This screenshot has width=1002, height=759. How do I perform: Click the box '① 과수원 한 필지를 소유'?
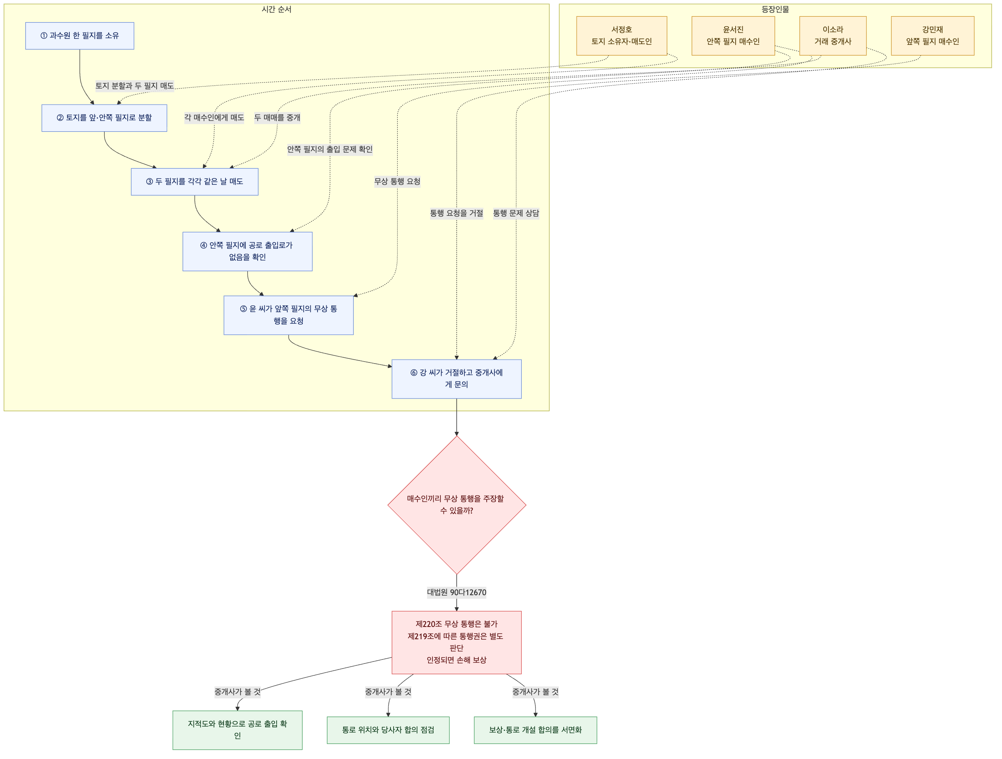point(80,36)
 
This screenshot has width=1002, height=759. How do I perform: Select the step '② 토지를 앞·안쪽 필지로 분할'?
point(104,118)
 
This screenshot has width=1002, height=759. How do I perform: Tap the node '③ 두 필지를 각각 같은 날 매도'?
point(195,182)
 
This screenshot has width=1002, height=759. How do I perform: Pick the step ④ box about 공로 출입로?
point(247,251)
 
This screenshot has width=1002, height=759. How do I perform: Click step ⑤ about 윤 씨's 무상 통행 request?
point(289,315)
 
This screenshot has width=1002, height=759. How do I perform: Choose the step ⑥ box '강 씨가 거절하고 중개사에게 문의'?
point(457,379)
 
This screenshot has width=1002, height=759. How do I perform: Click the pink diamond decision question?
point(457,505)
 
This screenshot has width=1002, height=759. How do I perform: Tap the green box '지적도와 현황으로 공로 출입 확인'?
point(237,730)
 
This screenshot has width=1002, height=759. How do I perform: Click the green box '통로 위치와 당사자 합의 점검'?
point(388,730)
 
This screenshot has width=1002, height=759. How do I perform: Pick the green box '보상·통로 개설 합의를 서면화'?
point(535,730)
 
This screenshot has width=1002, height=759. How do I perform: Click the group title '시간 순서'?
point(276,10)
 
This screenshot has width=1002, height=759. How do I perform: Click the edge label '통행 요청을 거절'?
point(457,213)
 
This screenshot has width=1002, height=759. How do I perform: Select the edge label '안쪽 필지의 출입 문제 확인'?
point(330,149)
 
